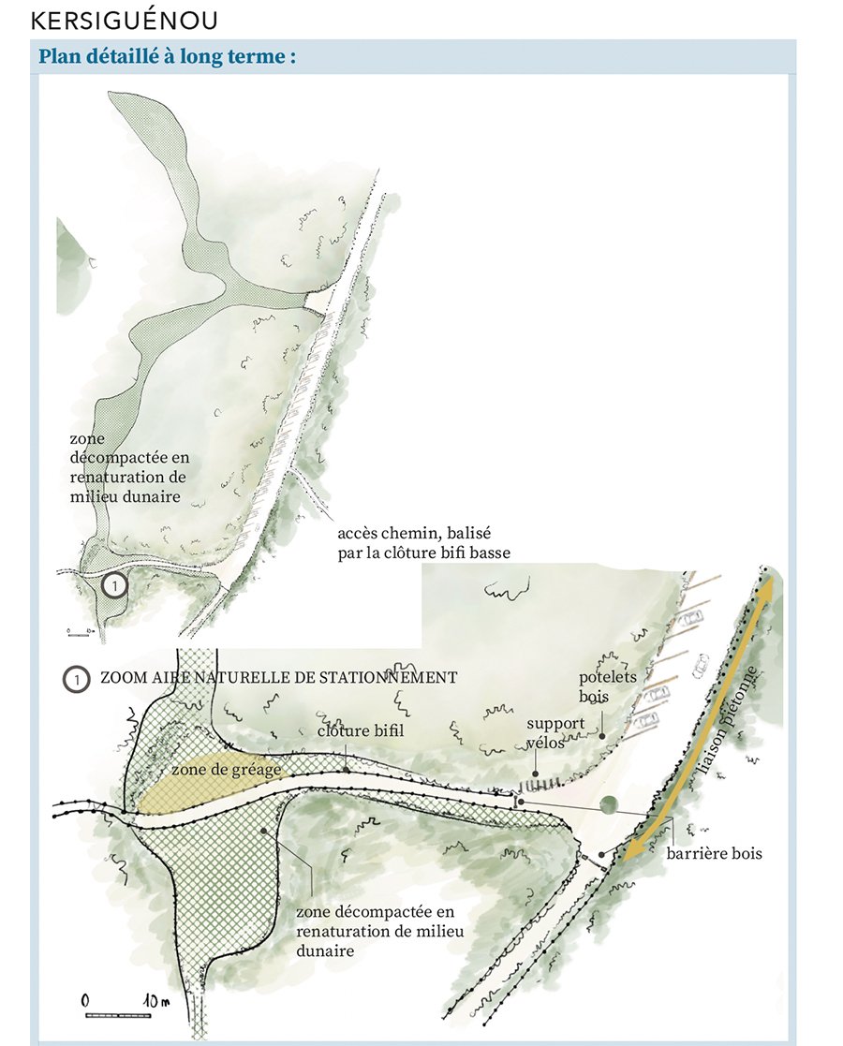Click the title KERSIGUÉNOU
pyautogui.click(x=125, y=21)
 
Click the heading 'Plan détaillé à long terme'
pyautogui.click(x=167, y=57)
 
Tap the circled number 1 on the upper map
pyautogui.click(x=115, y=585)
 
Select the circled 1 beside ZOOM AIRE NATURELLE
pyautogui.click(x=76, y=679)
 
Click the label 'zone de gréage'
pyautogui.click(x=227, y=770)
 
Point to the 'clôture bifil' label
pyautogui.click(x=361, y=730)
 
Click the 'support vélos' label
pyautogui.click(x=554, y=732)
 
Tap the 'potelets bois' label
pyautogui.click(x=607, y=686)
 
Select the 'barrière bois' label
pyautogui.click(x=714, y=853)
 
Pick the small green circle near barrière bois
pyautogui.click(x=609, y=804)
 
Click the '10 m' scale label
pyautogui.click(x=155, y=1001)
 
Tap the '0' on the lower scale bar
pyautogui.click(x=85, y=1001)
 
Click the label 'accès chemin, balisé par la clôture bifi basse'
pyautogui.click(x=423, y=543)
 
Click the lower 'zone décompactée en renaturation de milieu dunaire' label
pyautogui.click(x=379, y=931)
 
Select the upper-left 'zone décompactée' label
pyautogui.click(x=129, y=467)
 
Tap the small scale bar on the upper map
pyautogui.click(x=80, y=634)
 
